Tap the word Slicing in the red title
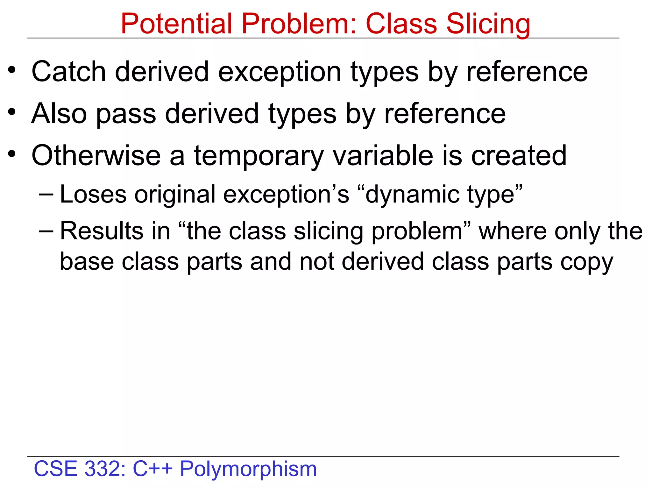tap(488, 25)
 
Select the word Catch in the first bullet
tap(68, 72)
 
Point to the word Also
tap(59, 114)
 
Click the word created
tap(519, 156)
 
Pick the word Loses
tap(93, 194)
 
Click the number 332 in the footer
tap(105, 469)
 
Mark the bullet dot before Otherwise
tap(12, 154)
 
